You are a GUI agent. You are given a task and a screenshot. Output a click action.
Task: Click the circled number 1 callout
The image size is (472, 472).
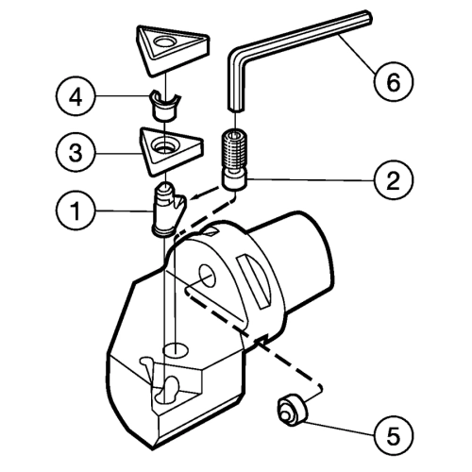point(76,211)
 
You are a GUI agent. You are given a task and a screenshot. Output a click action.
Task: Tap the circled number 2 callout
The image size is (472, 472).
point(394,180)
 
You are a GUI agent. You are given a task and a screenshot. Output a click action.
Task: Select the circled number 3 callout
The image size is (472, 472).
point(76,153)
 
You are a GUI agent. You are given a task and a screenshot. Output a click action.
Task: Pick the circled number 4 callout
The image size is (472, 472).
point(76,95)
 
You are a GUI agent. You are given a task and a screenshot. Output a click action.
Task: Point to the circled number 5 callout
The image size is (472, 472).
point(394,436)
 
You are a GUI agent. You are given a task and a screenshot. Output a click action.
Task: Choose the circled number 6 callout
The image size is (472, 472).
point(394,81)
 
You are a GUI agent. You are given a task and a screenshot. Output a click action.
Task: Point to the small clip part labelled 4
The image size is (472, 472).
point(164,106)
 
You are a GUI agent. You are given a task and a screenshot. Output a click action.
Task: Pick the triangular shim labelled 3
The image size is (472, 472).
point(171,151)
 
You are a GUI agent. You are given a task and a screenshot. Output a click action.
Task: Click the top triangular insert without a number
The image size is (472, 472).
point(172,50)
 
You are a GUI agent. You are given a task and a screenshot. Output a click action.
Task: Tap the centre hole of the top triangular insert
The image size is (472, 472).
point(163,42)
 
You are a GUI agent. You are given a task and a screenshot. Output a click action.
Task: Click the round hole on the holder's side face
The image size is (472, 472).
point(207,276)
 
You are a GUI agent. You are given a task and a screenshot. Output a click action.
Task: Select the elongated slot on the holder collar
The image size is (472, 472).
point(254,281)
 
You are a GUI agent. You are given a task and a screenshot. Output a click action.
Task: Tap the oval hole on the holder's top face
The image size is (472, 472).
point(176,350)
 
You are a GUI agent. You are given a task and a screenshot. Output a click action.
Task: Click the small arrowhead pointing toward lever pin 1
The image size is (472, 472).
point(196,196)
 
